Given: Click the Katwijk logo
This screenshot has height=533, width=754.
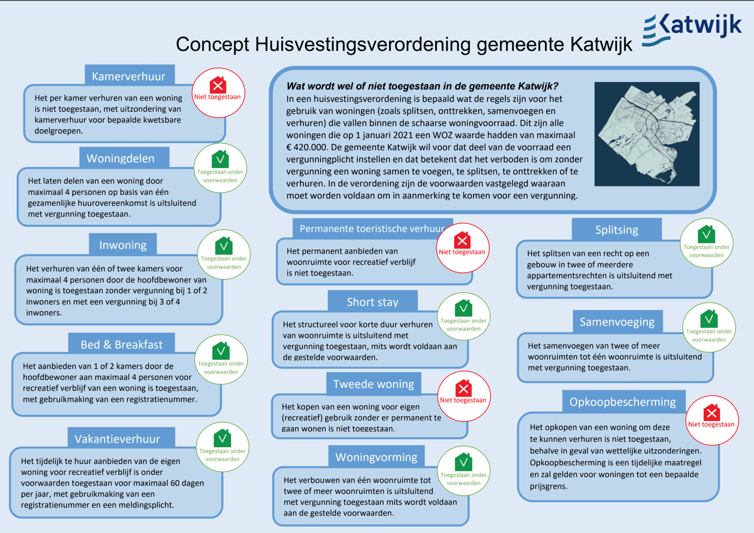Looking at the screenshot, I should [692, 28].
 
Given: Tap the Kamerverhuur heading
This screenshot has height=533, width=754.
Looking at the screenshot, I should [128, 76].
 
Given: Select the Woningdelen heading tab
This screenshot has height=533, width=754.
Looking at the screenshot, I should [121, 158].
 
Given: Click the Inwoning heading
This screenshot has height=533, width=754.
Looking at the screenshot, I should [123, 245].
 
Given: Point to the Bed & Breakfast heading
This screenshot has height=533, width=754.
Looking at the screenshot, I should [121, 344].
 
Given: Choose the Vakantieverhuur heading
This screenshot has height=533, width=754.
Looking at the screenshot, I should [117, 439].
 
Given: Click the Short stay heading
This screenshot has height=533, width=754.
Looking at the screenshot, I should [372, 302].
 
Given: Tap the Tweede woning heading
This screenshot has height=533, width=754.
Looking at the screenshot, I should [373, 384].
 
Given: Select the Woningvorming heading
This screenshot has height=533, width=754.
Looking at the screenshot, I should [376, 457].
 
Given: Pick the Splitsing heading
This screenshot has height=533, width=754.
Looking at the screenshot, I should [617, 230].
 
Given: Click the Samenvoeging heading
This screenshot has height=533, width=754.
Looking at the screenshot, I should [617, 322].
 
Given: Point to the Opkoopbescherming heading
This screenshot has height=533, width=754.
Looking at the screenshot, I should [622, 402].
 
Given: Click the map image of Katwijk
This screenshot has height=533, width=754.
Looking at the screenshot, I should [647, 134].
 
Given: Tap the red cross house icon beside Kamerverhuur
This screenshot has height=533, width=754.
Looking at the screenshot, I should [218, 85].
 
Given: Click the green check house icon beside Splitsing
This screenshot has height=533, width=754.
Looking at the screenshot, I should [706, 234].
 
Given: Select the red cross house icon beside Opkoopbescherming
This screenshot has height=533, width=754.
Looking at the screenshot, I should [711, 413].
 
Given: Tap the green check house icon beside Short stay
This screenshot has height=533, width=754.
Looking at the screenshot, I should [463, 308].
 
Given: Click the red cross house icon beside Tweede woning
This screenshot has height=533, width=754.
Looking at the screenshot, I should [463, 388].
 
